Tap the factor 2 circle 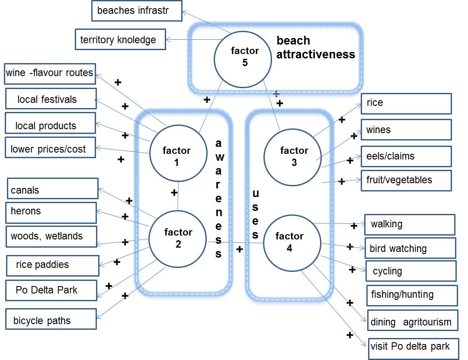(x=178, y=238)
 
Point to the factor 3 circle (x=294, y=156)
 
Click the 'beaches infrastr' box (x=136, y=11)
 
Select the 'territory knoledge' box (x=120, y=40)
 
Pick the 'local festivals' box (x=50, y=99)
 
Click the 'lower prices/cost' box (x=50, y=149)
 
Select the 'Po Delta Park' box (x=51, y=290)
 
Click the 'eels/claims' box (x=406, y=156)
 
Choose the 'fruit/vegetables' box (x=406, y=180)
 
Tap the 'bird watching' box (x=410, y=248)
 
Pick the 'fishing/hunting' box (x=411, y=295)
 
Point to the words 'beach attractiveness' (x=315, y=48)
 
